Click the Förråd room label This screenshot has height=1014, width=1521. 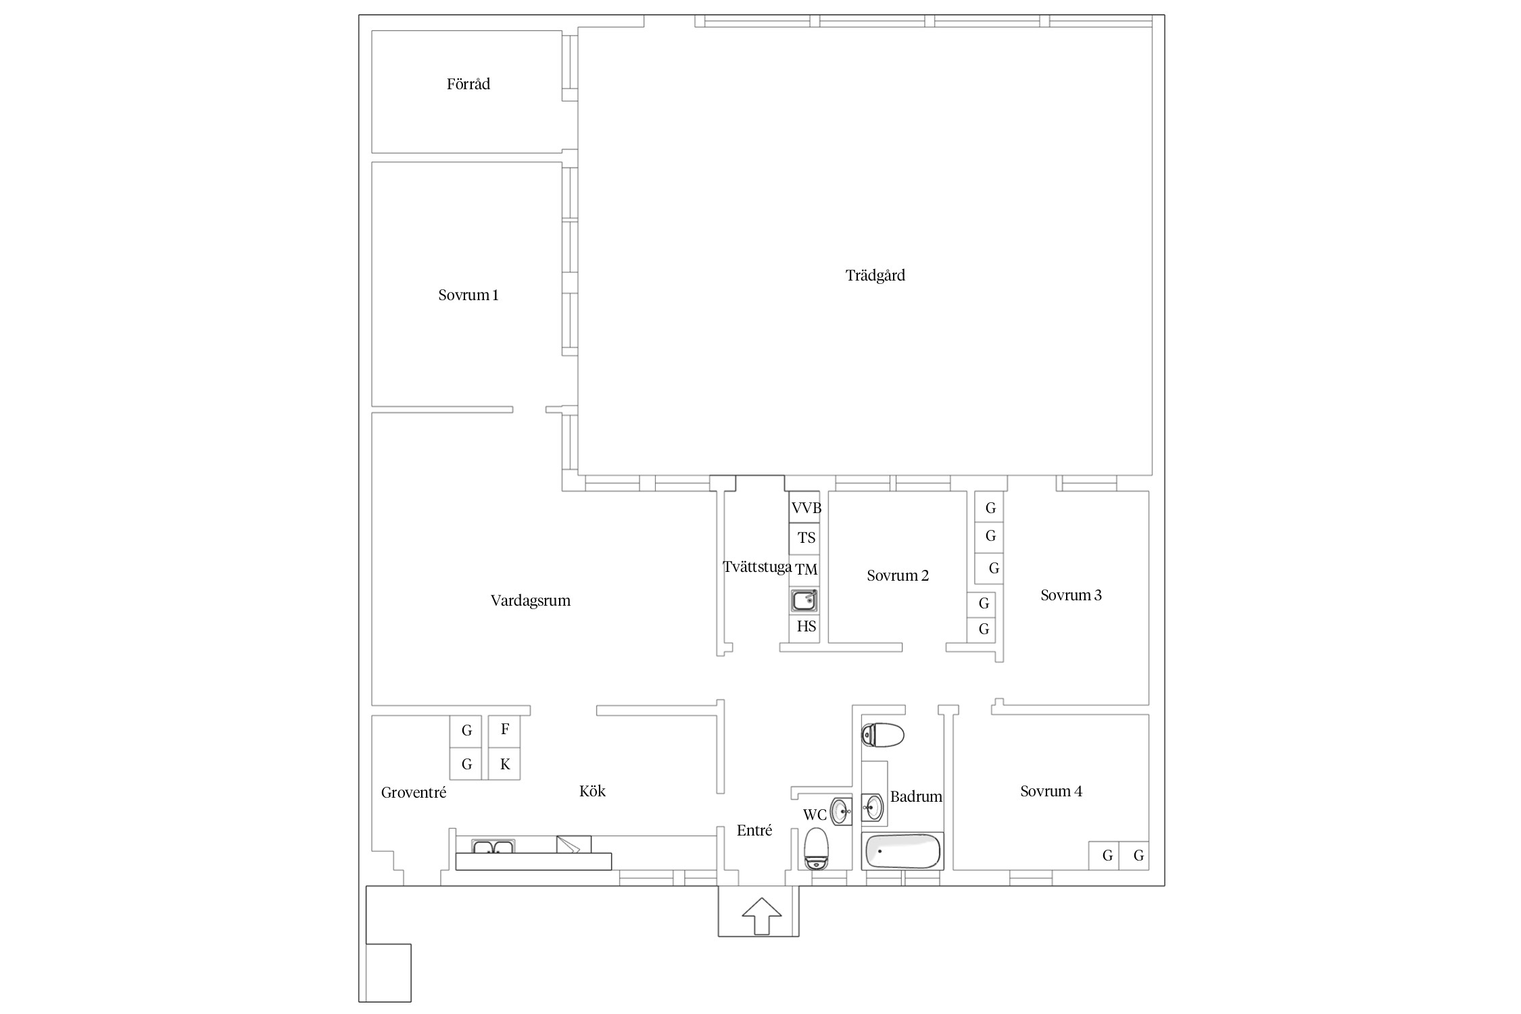click(468, 84)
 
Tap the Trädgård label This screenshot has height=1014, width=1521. click(875, 276)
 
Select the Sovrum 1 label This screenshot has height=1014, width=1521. click(468, 295)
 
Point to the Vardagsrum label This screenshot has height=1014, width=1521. click(530, 601)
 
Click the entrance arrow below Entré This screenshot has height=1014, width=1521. click(762, 916)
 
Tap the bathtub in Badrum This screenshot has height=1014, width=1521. click(902, 851)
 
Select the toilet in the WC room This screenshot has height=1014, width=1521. click(817, 849)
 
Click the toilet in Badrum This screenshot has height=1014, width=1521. click(882, 735)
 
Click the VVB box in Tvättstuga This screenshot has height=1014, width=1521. click(804, 507)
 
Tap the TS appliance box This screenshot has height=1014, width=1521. click(804, 538)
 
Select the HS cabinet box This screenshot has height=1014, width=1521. click(804, 627)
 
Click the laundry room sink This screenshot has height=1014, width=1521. click(804, 601)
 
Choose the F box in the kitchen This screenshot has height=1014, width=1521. click(504, 730)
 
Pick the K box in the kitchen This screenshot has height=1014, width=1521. click(504, 764)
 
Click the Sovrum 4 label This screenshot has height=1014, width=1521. click(1051, 792)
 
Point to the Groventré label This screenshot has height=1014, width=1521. click(414, 793)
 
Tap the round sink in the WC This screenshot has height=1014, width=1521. click(841, 810)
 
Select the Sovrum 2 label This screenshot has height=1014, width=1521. click(898, 576)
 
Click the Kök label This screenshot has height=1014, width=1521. click(592, 792)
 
